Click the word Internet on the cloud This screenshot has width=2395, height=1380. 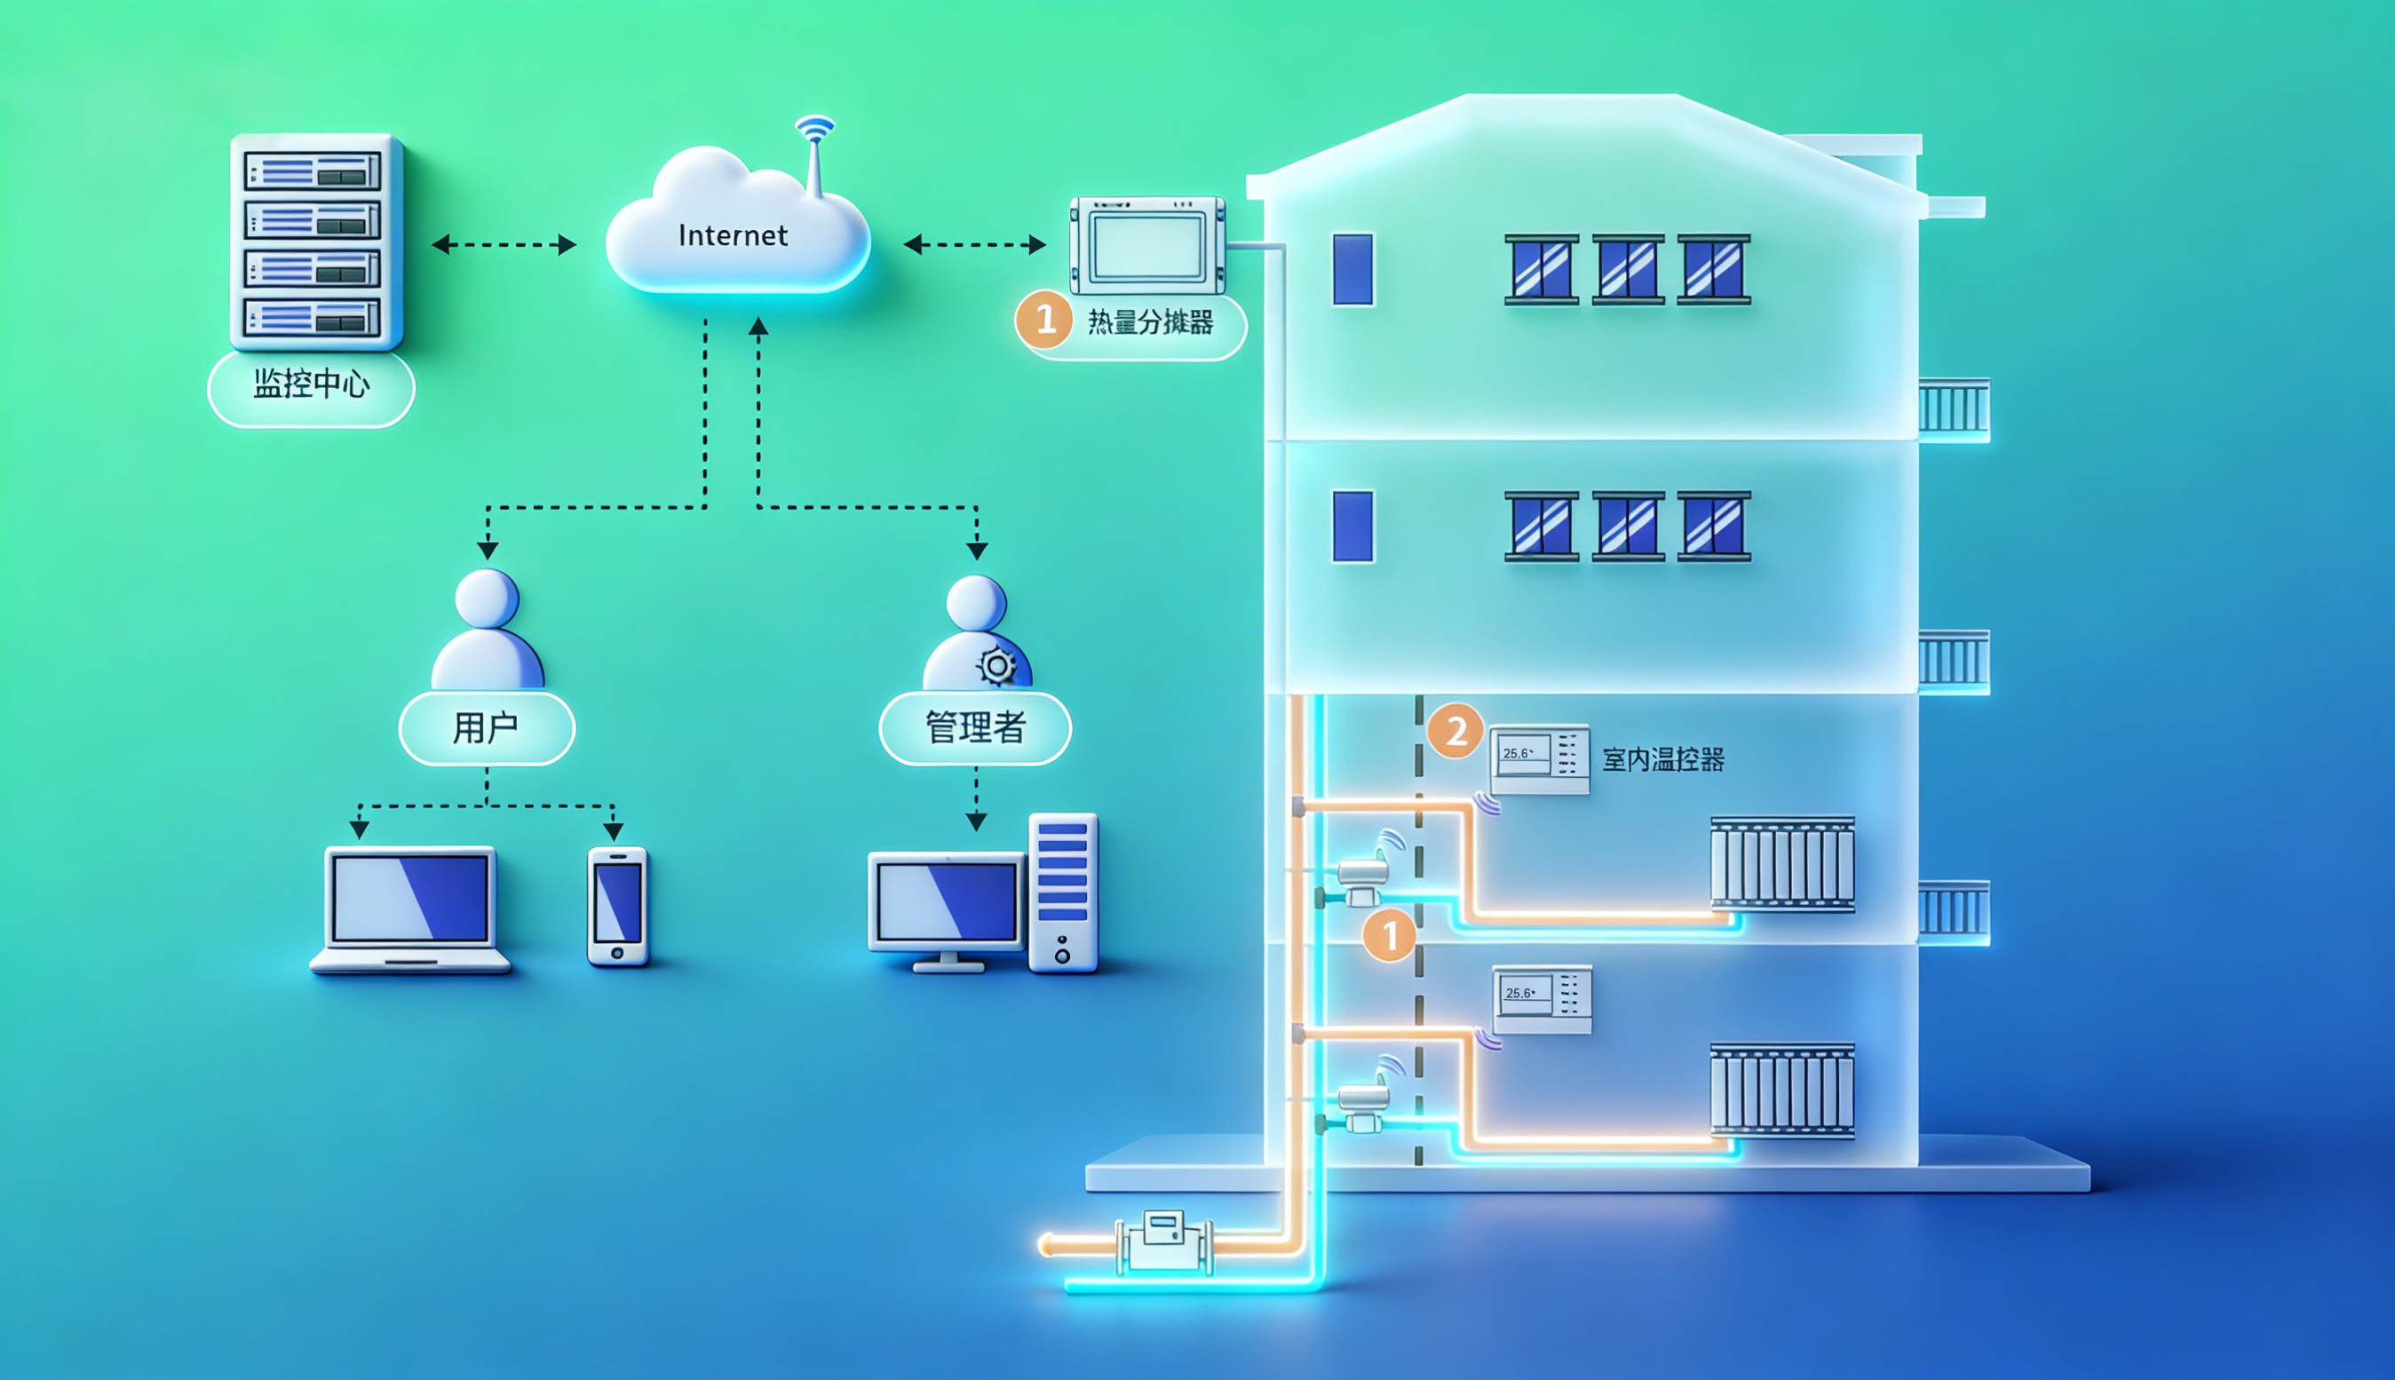coord(733,235)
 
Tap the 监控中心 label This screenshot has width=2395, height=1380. coord(311,385)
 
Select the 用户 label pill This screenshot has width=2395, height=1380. coord(487,728)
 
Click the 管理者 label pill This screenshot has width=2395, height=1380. coord(975,728)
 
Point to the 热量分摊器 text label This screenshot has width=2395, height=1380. coord(1150,323)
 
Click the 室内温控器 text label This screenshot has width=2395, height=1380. coord(1662,760)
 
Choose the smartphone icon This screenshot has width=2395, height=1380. coord(618,906)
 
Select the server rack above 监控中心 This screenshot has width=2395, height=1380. coord(315,242)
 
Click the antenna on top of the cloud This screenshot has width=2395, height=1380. coord(814,152)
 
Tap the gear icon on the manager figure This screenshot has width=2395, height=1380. coord(996,666)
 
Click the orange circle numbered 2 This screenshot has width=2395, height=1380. coord(1455,731)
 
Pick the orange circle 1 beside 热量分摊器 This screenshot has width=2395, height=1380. coord(1044,320)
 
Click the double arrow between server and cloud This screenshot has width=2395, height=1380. coord(504,244)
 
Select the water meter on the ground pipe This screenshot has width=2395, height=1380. coord(1164,1241)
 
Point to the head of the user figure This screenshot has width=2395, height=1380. coord(487,599)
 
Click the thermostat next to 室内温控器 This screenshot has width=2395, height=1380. coord(1539,758)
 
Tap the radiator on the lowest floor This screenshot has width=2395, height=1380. coord(1781,1090)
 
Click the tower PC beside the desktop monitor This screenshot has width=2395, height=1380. coord(1062,891)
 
